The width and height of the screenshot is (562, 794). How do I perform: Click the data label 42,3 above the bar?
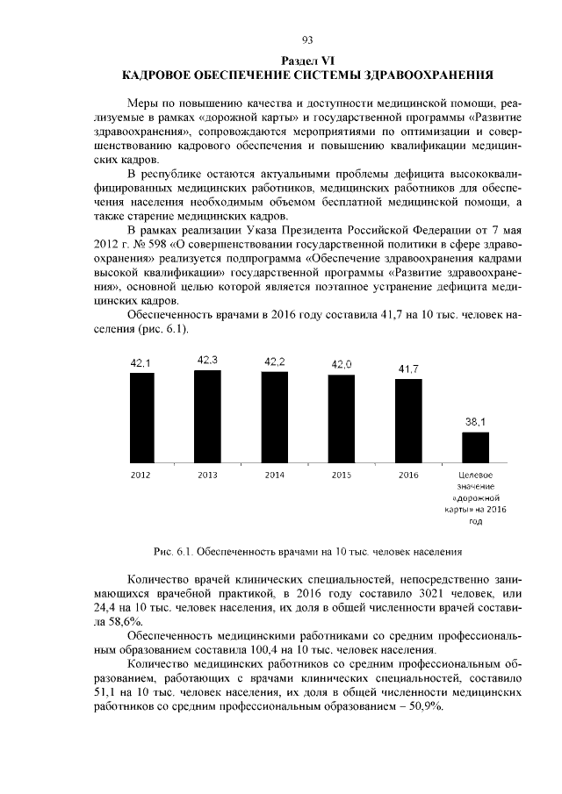(x=208, y=360)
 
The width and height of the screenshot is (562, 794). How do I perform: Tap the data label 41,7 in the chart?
(x=408, y=369)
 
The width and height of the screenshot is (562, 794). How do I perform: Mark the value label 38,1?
(x=475, y=422)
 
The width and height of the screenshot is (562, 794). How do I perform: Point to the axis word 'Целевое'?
(x=476, y=475)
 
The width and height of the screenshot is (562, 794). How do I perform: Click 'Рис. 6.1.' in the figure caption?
(x=174, y=552)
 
